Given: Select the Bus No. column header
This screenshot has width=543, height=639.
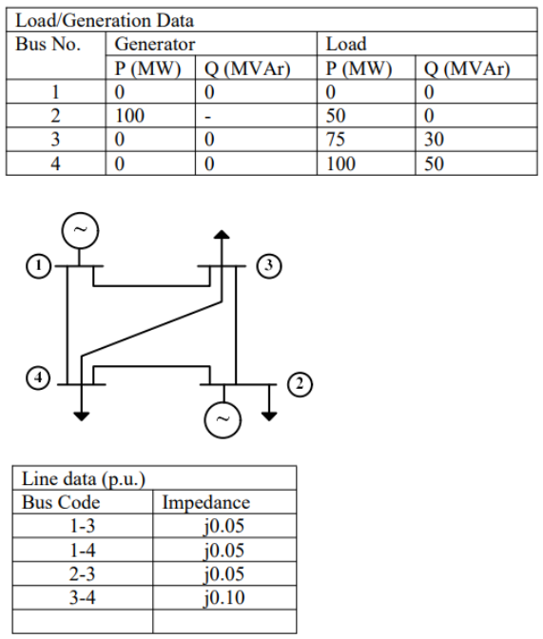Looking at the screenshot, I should pos(48,44).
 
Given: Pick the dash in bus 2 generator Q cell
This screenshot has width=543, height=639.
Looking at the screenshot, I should pos(208,116).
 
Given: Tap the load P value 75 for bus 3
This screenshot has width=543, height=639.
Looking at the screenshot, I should pos(338,140).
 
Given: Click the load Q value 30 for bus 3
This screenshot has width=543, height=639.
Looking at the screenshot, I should pos(434,140).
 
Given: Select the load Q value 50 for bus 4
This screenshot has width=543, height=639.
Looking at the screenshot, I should pos(434,164).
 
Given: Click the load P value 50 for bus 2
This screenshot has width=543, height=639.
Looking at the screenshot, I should pos(338,116).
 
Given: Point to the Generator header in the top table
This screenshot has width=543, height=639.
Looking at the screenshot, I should pos(155,44).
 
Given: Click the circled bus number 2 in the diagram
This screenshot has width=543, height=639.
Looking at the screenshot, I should pos(301,384).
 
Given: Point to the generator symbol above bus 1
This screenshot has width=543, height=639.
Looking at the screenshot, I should pos(79,230).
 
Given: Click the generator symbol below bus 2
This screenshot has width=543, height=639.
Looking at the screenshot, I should pos(224,419).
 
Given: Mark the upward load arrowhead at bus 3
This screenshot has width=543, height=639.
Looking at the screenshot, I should pos(222,235).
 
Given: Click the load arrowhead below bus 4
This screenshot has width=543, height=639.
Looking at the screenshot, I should pos(81,415).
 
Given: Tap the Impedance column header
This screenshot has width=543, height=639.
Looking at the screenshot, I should pos(206,502).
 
